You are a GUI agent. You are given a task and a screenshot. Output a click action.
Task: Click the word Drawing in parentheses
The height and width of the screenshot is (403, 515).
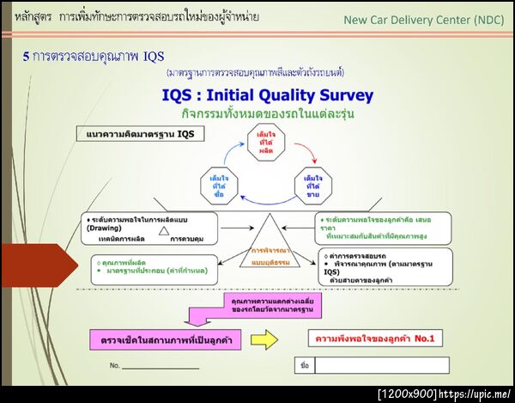click(104, 229)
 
